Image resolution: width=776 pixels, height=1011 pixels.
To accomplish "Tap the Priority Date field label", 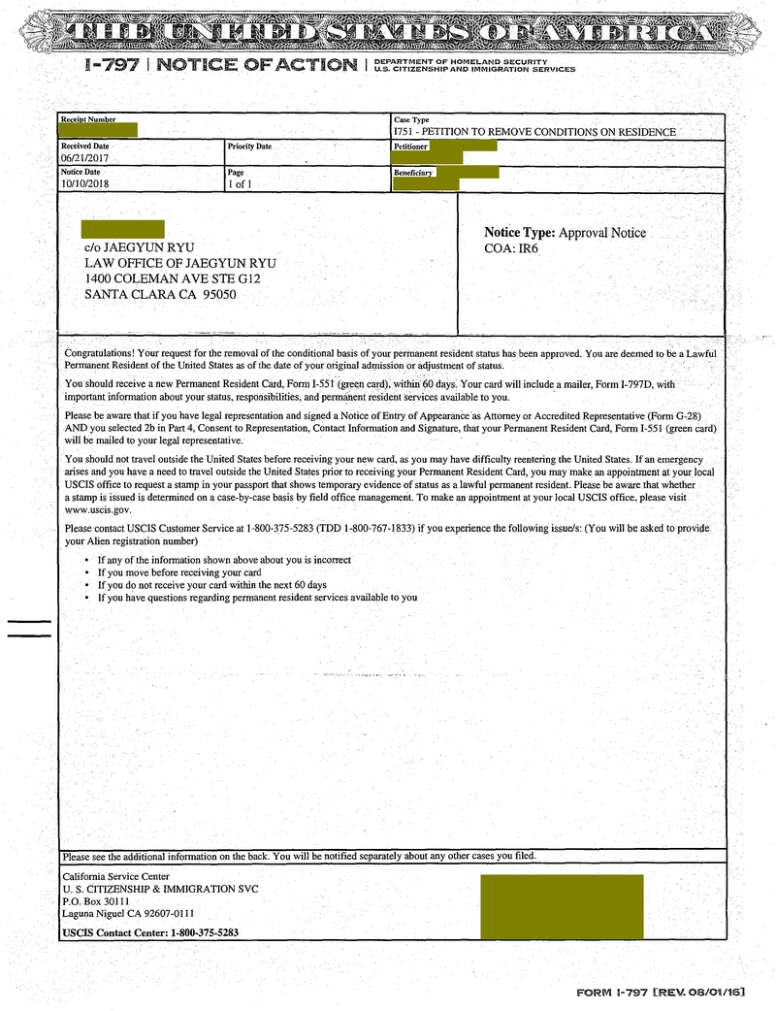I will [x=249, y=147].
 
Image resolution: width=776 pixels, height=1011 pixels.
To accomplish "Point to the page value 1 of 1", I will [x=238, y=182].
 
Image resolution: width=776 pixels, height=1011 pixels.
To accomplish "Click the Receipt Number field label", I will [x=88, y=119].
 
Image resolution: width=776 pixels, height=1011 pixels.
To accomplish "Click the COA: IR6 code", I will [x=511, y=249].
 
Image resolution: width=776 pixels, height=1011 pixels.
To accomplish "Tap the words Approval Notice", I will [x=602, y=233].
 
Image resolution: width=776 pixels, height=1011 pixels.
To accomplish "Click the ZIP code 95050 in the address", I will [x=219, y=295].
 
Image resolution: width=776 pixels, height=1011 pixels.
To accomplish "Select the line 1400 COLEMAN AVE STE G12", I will [x=173, y=278].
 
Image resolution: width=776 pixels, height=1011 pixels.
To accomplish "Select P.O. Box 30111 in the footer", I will [x=95, y=900].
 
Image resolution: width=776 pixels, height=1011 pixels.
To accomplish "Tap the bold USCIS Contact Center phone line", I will [x=150, y=932].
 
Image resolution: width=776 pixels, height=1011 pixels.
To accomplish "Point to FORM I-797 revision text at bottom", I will [x=661, y=993].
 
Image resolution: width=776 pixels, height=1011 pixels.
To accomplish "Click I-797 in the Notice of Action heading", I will [x=115, y=65].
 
